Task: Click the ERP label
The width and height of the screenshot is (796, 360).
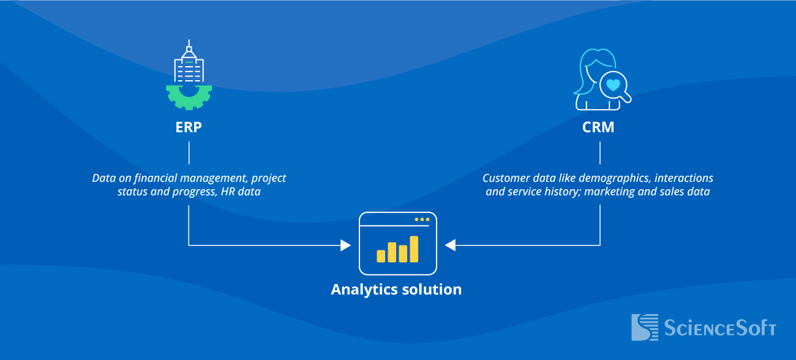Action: pos(189,128)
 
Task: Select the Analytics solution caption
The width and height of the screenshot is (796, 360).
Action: pos(396,290)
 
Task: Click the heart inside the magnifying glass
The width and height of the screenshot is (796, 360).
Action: pos(614,84)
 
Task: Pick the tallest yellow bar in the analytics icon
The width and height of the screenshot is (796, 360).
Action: pos(414,249)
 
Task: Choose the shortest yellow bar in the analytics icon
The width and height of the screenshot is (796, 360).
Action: pos(381,256)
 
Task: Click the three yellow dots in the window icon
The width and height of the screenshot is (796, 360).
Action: pos(422,219)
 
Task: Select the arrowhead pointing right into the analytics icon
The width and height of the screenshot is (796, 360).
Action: pos(346,246)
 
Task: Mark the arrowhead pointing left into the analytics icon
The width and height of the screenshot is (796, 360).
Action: pos(450,246)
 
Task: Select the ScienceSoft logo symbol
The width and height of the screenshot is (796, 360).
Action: pos(644,328)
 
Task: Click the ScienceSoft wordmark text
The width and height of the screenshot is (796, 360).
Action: pos(719,328)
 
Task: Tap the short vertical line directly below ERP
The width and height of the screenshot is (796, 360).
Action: pos(189,152)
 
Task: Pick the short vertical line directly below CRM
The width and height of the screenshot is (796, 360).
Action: pos(599,152)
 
